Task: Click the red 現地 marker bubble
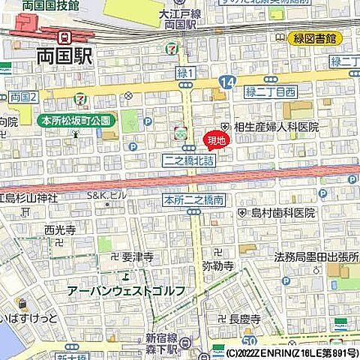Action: point(214,139)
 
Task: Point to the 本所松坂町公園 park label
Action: point(76,120)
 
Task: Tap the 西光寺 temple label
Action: point(59,229)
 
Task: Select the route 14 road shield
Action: point(229,80)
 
